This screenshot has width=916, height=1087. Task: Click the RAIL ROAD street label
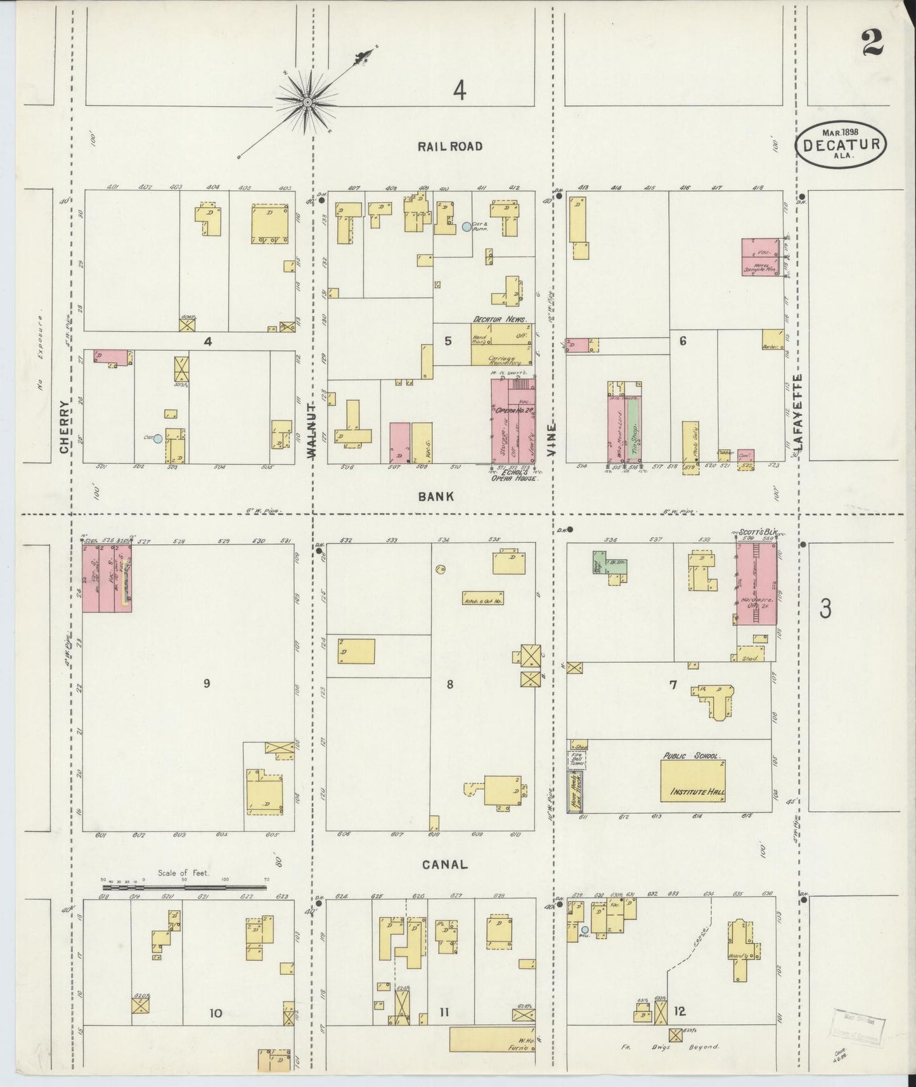point(450,146)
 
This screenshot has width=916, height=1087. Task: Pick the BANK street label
point(435,497)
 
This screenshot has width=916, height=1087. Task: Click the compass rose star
point(308,101)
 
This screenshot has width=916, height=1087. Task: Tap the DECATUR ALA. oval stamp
point(841,144)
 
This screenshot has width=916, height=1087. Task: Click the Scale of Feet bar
point(184,887)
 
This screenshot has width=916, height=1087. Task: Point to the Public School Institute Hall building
point(692,778)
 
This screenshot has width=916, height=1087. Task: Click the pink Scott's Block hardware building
point(756,585)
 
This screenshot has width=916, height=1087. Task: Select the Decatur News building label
point(500,319)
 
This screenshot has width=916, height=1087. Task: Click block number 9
point(206,683)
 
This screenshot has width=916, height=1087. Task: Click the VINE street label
point(553,433)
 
